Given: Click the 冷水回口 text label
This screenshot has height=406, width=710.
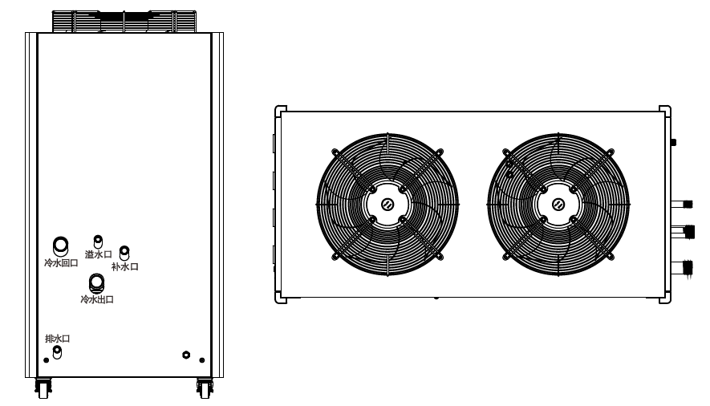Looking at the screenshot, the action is (x=61, y=263).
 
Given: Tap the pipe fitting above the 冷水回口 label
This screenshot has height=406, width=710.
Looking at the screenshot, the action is (x=61, y=246).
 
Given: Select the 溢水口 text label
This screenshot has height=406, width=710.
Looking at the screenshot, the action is (x=98, y=254).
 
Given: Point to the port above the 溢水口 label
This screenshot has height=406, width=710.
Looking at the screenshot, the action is (x=98, y=242).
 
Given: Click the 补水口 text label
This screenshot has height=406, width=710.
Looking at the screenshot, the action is (x=125, y=266).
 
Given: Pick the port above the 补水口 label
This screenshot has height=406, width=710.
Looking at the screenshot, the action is (x=124, y=253).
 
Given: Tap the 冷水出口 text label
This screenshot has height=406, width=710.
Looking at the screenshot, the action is (x=97, y=299).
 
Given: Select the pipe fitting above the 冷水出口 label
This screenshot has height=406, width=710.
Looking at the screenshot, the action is (x=96, y=283).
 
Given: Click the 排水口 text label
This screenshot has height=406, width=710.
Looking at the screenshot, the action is (x=58, y=339).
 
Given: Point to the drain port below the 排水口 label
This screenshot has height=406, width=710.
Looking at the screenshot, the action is (x=57, y=351).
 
